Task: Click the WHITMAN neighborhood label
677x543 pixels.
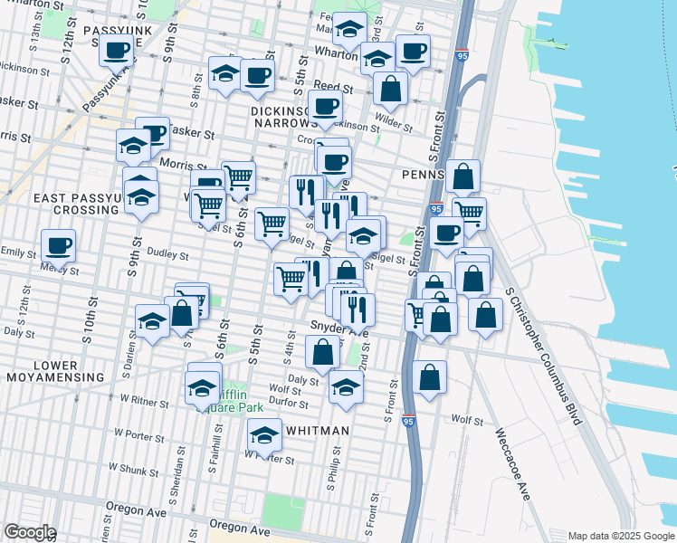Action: [x=317, y=431]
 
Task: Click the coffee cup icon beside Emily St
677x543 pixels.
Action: [x=58, y=244]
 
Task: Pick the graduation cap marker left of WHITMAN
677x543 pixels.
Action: [x=264, y=435]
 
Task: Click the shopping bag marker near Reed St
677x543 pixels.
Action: [x=390, y=89]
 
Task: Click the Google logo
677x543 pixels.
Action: [x=30, y=532]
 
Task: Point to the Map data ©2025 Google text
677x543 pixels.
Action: [x=621, y=535]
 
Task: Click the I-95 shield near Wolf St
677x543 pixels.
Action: [x=408, y=421]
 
